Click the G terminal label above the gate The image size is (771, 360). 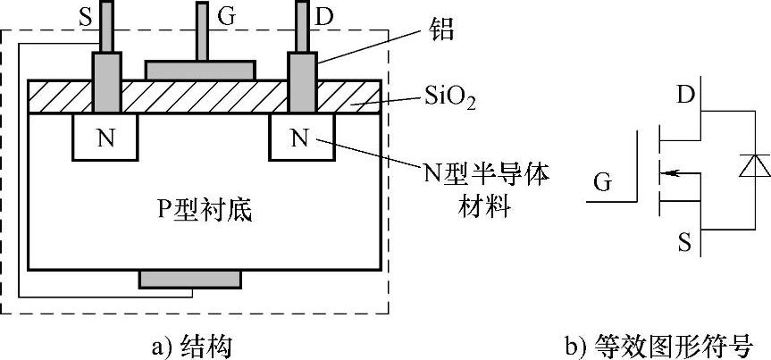pyautogui.click(x=227, y=13)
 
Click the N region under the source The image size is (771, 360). pyautogui.click(x=105, y=138)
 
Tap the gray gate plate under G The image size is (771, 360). pyautogui.click(x=201, y=70)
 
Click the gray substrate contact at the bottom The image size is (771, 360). pyautogui.click(x=190, y=279)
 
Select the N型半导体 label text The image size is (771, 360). pyautogui.click(x=473, y=174)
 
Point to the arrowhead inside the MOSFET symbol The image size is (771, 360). pyautogui.click(x=671, y=167)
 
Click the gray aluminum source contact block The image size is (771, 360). pyautogui.click(x=106, y=83)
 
